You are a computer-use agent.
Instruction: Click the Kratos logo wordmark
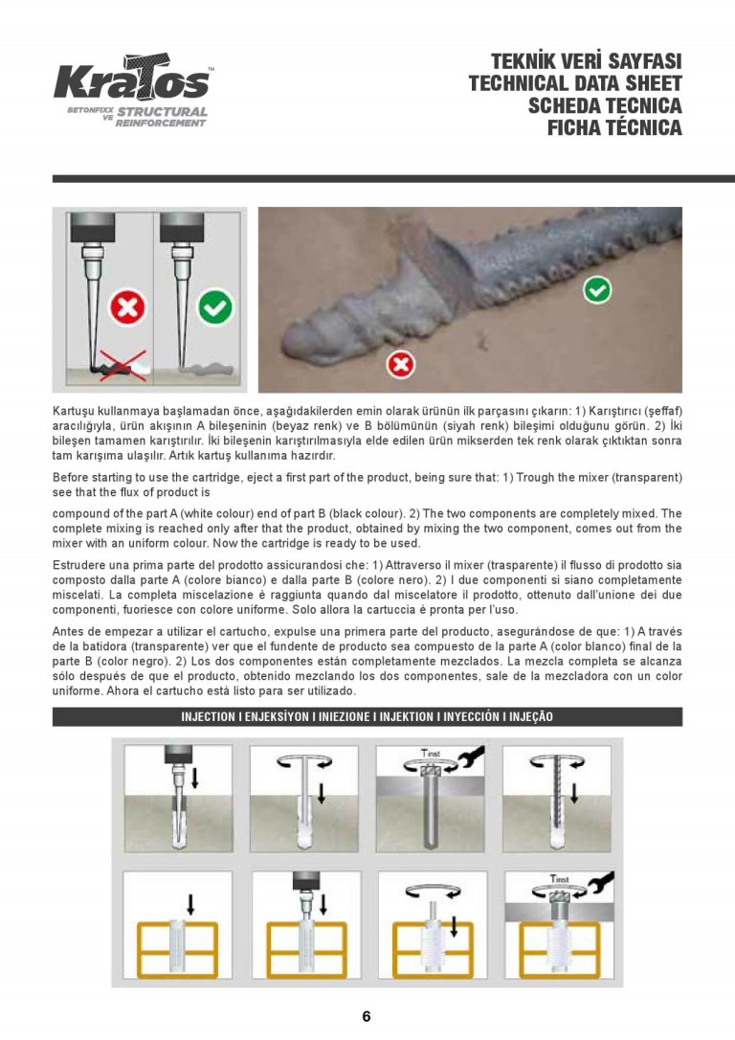pyautogui.click(x=131, y=80)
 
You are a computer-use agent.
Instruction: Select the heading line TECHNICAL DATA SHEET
pyautogui.click(x=575, y=83)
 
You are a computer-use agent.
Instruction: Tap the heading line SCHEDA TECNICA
pyautogui.click(x=605, y=105)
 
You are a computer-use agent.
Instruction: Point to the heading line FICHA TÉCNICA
pyautogui.click(x=614, y=127)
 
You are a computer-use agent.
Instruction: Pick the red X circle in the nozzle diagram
pyautogui.click(x=126, y=308)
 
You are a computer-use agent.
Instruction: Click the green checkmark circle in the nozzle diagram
pyautogui.click(x=214, y=308)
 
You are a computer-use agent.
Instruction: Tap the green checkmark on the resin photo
pyautogui.click(x=598, y=288)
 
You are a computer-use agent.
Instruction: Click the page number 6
pyautogui.click(x=367, y=1017)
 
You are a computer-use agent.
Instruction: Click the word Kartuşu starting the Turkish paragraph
pyautogui.click(x=77, y=410)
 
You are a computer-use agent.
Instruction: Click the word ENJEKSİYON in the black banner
pyautogui.click(x=275, y=716)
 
